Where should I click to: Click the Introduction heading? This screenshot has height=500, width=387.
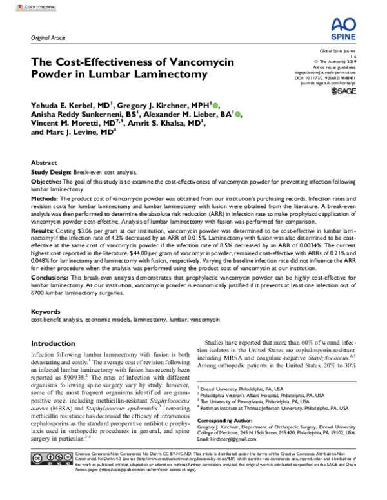coord(57,343)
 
